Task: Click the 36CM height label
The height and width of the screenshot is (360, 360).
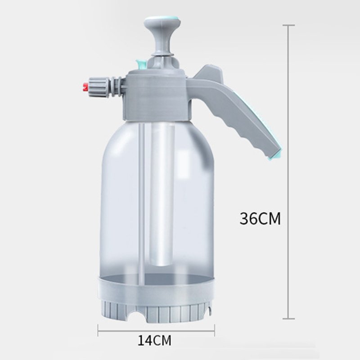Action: coord(260,219)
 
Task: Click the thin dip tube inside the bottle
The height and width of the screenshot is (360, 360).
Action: coord(142,202)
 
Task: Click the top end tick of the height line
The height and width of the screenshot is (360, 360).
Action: coord(288,25)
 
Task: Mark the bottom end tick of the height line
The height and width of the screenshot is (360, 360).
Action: coord(288,319)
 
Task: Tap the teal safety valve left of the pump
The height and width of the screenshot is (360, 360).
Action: coord(140,64)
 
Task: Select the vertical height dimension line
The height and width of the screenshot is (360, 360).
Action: coord(288,135)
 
